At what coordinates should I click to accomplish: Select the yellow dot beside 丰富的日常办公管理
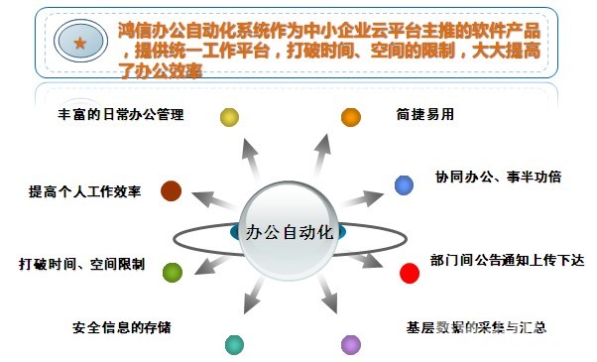coord(230,117)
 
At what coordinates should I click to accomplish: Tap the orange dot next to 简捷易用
coord(350,117)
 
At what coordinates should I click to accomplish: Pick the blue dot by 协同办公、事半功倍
coord(404,184)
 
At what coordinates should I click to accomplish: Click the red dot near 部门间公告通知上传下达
coord(410,272)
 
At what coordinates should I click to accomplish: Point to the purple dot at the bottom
coord(350,345)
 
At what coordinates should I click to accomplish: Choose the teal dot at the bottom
coord(234,345)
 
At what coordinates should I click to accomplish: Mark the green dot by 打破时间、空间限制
coord(173,272)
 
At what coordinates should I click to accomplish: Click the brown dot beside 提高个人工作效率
coord(171,190)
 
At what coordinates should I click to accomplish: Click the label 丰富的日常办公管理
coord(122,115)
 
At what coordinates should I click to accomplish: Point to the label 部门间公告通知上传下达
coord(507,261)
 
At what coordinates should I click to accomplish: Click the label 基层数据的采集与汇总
coord(477,326)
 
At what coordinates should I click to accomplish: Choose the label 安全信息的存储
coord(128,326)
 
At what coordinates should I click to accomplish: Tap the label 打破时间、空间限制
coord(82,265)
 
